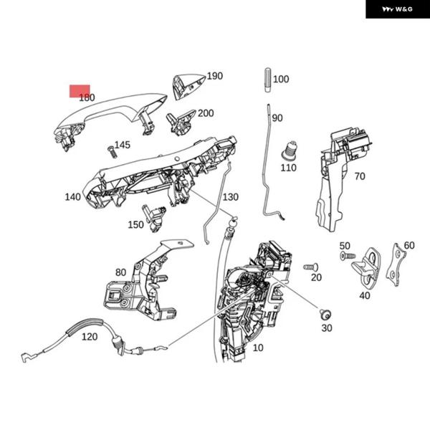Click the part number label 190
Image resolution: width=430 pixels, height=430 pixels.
215,76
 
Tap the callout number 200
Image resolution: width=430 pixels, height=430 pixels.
206,113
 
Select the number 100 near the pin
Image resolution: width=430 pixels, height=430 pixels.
281,80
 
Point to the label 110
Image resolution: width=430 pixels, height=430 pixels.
288,168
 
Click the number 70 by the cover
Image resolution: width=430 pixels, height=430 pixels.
360,176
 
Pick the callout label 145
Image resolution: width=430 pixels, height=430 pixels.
123,145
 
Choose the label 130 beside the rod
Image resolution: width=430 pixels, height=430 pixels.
230,197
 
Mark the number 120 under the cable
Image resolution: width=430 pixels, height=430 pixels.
90,337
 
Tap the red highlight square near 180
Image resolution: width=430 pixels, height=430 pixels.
80,90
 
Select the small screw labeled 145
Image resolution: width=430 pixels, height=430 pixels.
111,151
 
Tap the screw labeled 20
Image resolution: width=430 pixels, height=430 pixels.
310,267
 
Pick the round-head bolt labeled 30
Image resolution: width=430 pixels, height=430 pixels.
324,313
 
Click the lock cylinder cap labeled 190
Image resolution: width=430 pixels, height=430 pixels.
188,85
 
